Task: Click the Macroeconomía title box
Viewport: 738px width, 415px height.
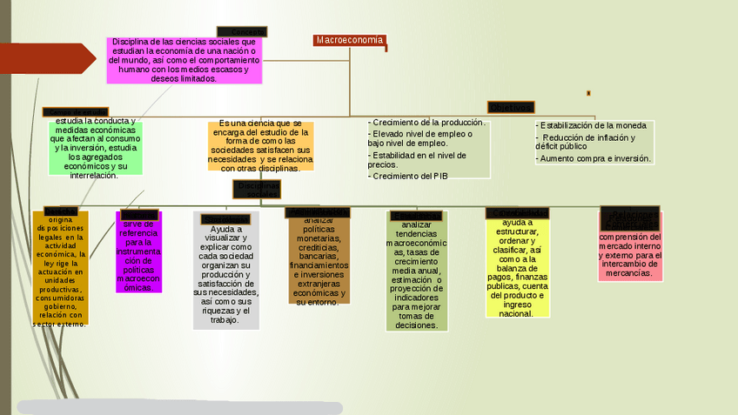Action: [350, 40]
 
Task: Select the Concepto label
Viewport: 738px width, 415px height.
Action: [242, 32]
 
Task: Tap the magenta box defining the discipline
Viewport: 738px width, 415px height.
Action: [183, 60]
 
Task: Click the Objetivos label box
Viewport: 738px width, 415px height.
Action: [510, 107]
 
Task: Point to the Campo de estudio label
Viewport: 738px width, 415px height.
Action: [76, 112]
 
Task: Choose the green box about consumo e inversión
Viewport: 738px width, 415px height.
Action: [95, 148]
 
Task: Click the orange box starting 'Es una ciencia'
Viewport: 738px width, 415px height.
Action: [260, 146]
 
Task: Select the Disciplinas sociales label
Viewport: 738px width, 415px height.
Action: [258, 189]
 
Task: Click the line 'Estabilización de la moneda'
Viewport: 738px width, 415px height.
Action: [592, 125]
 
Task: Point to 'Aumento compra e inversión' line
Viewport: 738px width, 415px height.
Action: [594, 158]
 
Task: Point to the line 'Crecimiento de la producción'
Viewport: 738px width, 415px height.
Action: [426, 123]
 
